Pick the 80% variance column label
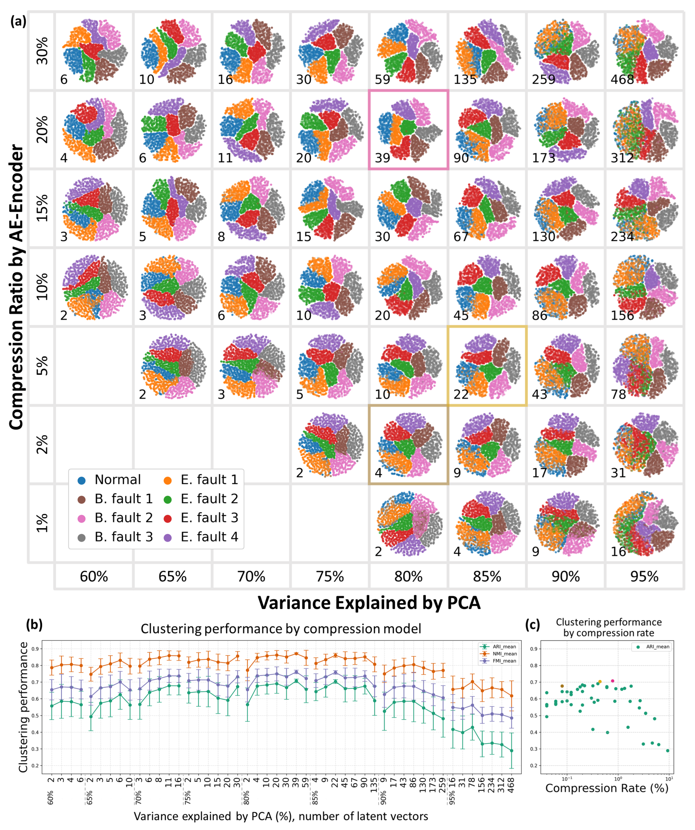click(408, 577)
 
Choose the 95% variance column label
click(644, 577)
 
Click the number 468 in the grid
click(622, 79)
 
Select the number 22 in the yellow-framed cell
click(461, 394)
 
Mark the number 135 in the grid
click(465, 79)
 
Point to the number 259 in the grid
click(544, 79)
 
